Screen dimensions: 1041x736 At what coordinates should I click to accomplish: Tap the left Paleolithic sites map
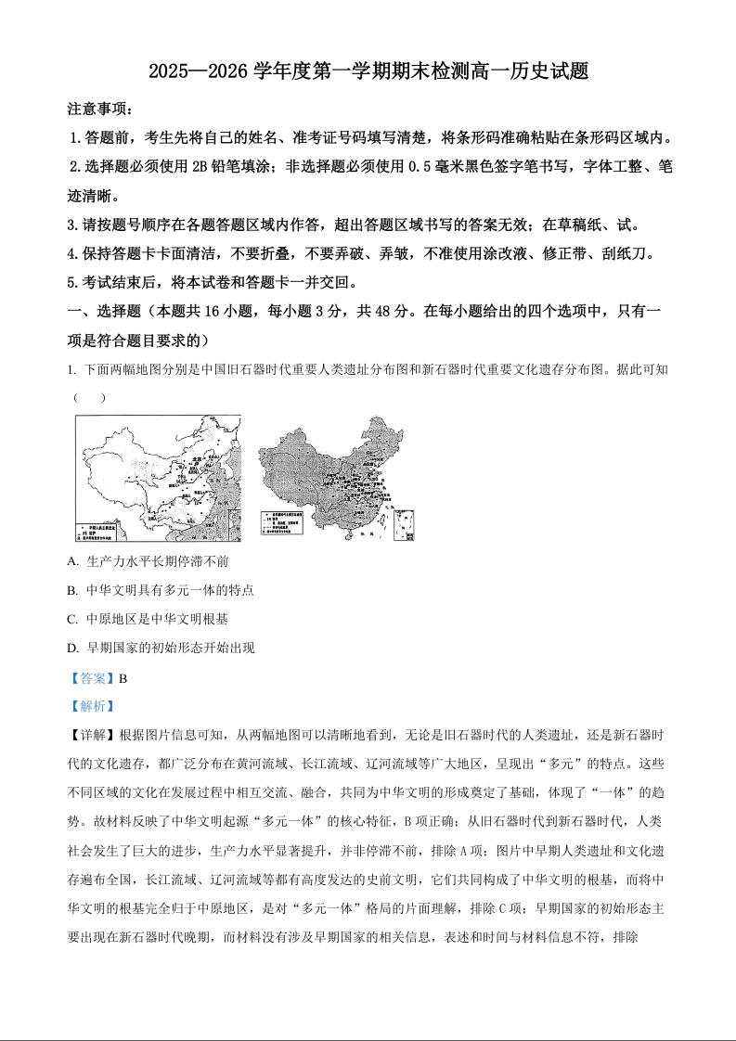[158, 478]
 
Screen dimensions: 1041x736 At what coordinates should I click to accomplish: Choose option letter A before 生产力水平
[72, 562]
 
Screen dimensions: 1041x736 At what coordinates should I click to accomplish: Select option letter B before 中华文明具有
[72, 590]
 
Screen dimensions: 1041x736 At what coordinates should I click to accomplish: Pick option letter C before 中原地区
[72, 619]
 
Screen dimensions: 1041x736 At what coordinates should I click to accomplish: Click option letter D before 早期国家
[72, 648]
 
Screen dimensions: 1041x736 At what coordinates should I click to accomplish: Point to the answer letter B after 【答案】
[123, 677]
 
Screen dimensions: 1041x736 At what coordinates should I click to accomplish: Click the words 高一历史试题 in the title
[528, 71]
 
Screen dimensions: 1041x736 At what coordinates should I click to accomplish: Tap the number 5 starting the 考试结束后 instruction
[71, 283]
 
